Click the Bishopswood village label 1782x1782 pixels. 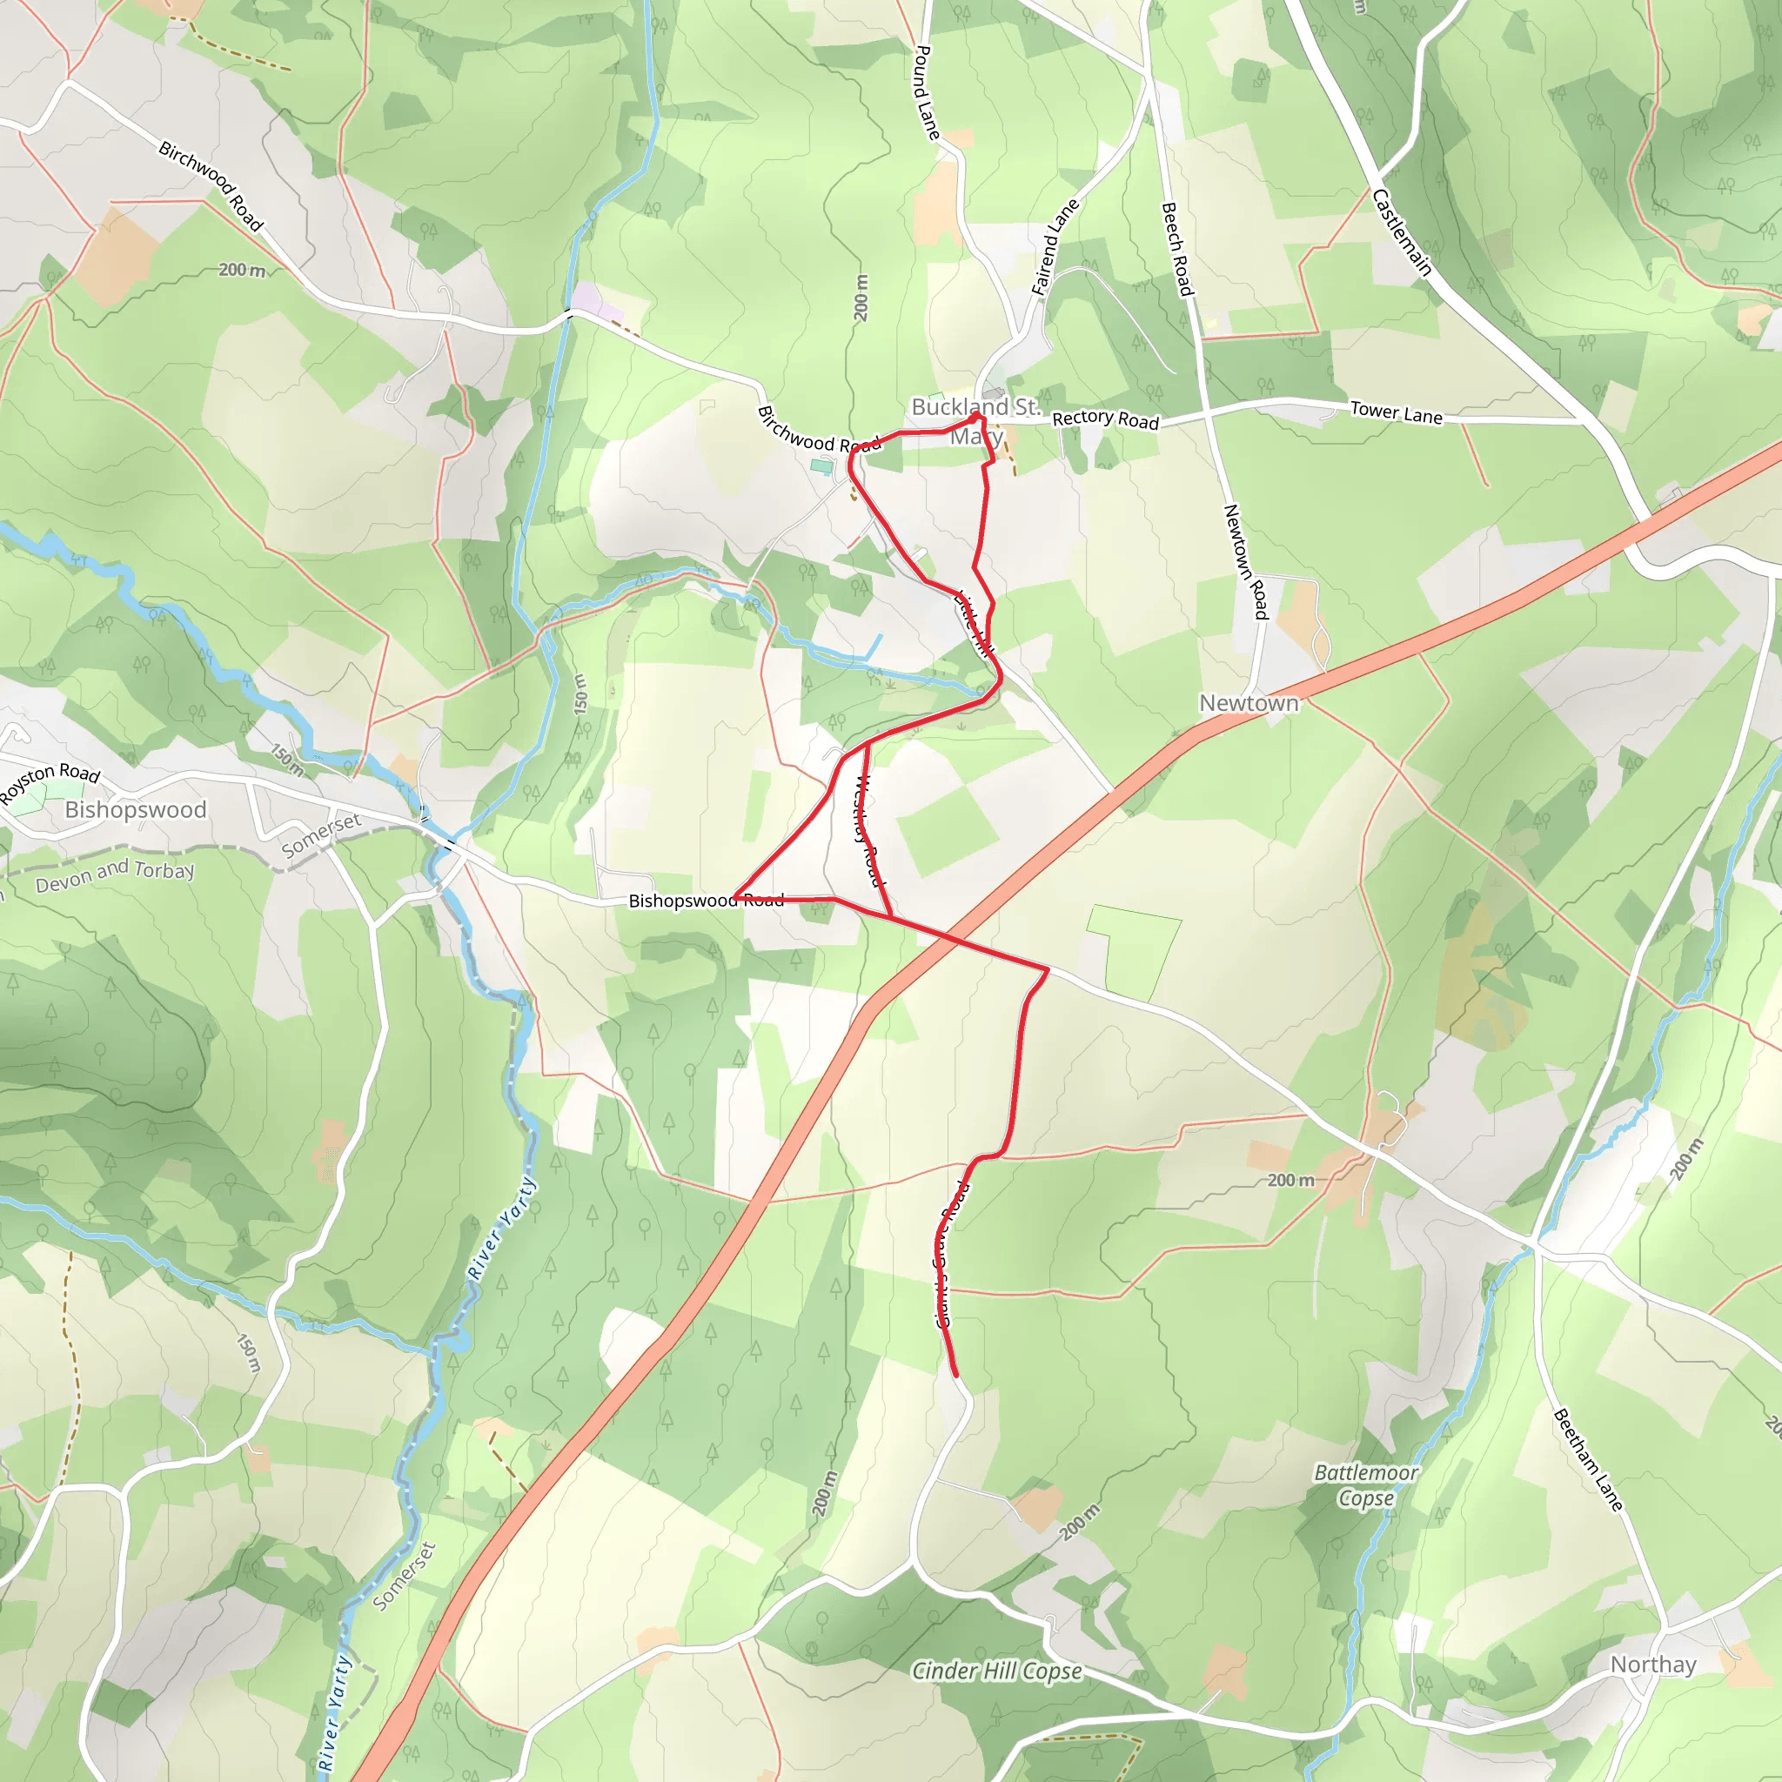tap(136, 809)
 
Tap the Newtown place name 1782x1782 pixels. tap(1248, 703)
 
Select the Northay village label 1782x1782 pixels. tap(1653, 1664)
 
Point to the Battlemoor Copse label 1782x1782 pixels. tap(1366, 1484)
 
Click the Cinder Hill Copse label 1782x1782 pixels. tap(996, 1671)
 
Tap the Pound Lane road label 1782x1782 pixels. tap(926, 93)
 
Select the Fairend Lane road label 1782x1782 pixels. tap(1055, 246)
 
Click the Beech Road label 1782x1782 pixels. tap(1177, 249)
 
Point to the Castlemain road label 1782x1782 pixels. tap(1401, 232)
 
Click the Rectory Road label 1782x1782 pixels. tap(1105, 419)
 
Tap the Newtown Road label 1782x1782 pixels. tap(1246, 561)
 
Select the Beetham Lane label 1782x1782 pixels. tap(1587, 1459)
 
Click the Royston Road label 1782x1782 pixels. tap(50, 781)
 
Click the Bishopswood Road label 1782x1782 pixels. tap(706, 901)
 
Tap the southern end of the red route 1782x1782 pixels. tap(955, 1376)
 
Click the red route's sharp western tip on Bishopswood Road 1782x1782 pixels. tap(734, 897)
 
